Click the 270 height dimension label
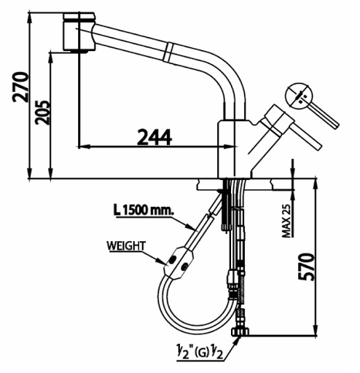pyautogui.click(x=21, y=87)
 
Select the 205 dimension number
pyautogui.click(x=43, y=112)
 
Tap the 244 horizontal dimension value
pyautogui.click(x=154, y=137)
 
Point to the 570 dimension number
pyautogui.click(x=306, y=267)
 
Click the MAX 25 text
pyautogui.click(x=286, y=221)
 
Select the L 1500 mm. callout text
pyautogui.click(x=144, y=210)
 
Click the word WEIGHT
pyautogui.click(x=126, y=246)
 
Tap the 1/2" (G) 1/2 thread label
pyautogui.click(x=200, y=353)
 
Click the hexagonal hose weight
pyautogui.click(x=179, y=263)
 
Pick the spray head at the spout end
pyautogui.click(x=79, y=32)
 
